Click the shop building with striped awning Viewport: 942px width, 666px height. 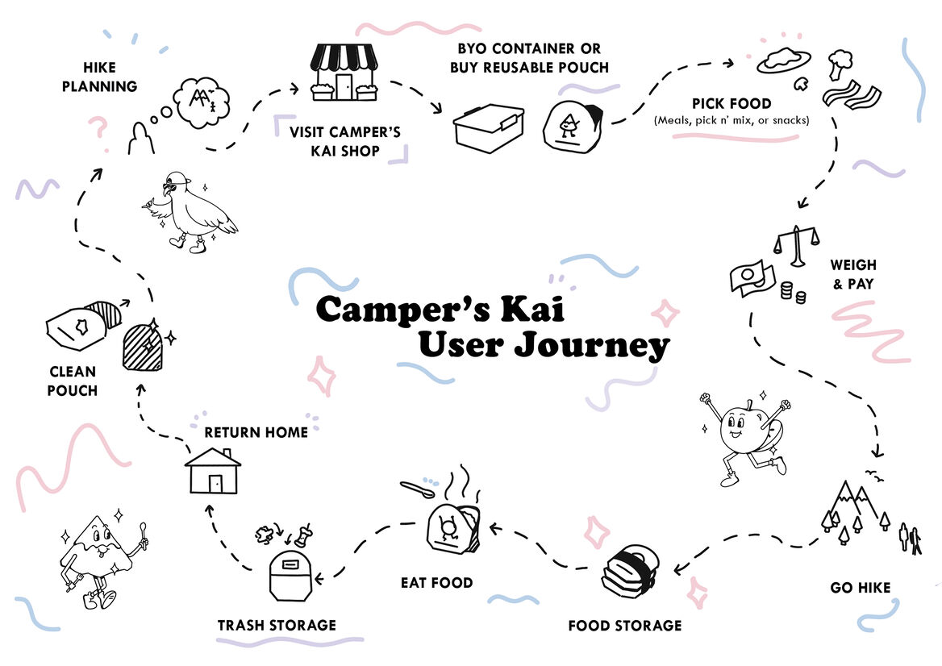[344, 73]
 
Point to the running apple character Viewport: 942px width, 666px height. [743, 435]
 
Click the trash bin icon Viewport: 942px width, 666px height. [291, 574]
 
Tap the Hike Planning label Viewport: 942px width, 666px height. [99, 77]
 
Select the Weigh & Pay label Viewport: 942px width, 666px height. [852, 274]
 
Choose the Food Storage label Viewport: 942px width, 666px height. [624, 625]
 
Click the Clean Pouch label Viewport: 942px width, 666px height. [72, 381]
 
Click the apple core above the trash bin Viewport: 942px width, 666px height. [303, 532]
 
